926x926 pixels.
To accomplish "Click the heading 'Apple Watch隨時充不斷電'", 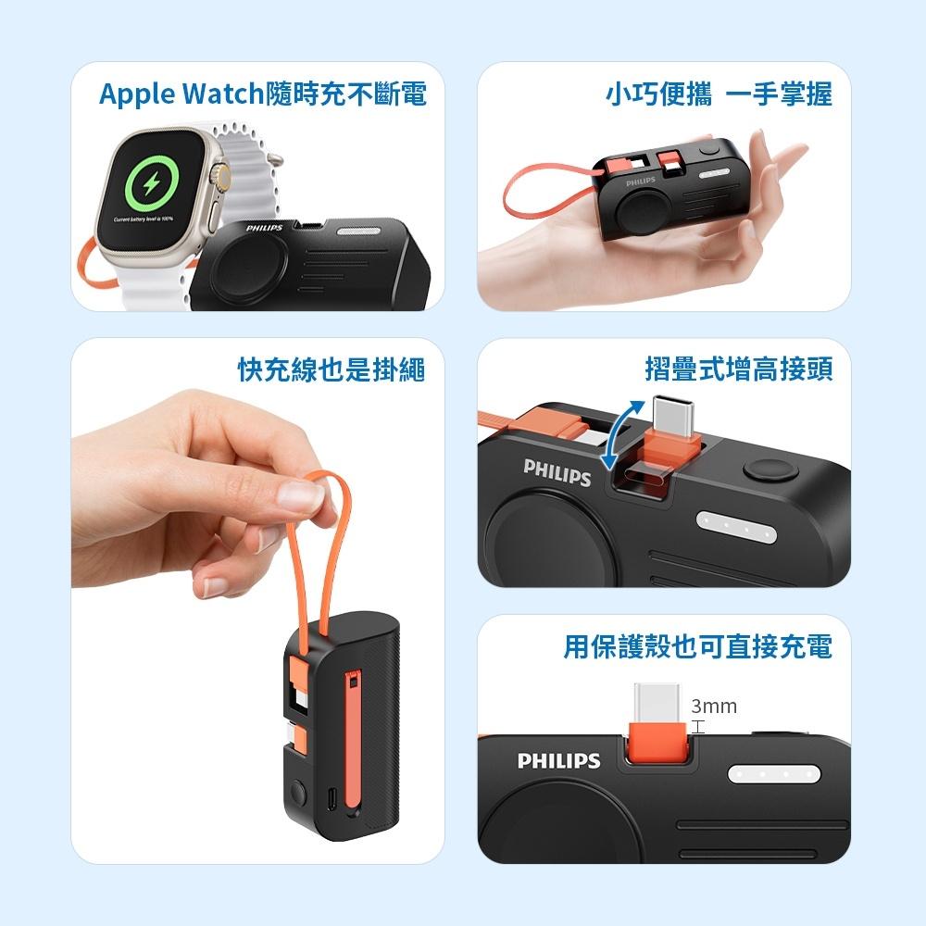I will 263,94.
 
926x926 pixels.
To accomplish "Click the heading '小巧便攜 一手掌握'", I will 720,94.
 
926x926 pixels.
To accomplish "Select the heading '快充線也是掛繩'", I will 331,370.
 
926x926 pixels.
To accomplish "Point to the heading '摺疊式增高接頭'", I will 738,370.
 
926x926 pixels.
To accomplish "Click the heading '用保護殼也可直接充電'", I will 697,646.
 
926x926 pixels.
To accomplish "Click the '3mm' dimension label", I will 714,707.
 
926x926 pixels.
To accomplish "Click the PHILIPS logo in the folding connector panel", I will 557,471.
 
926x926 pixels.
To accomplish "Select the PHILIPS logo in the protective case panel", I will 558,761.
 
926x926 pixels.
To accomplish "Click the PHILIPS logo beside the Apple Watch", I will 265,228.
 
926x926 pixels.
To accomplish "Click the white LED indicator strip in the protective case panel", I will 774,773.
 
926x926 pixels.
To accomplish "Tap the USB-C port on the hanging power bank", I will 331,795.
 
